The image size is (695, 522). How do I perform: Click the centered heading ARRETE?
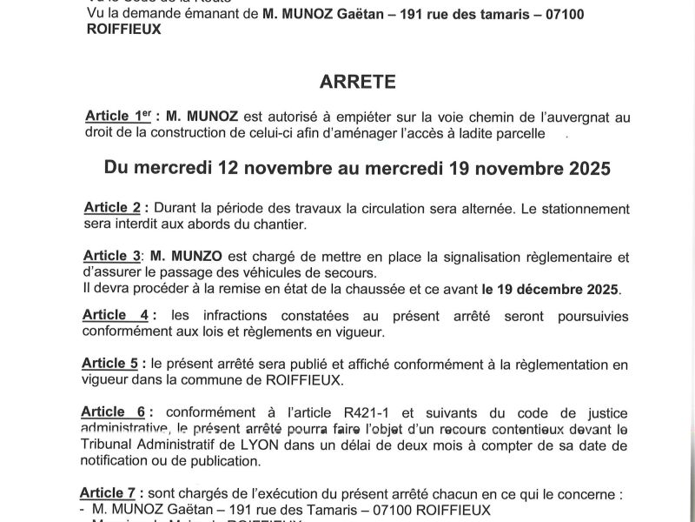(358, 82)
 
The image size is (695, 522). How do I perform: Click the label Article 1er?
(118, 117)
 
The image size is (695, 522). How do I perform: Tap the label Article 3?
(112, 256)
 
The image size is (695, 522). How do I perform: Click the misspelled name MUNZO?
(179, 256)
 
